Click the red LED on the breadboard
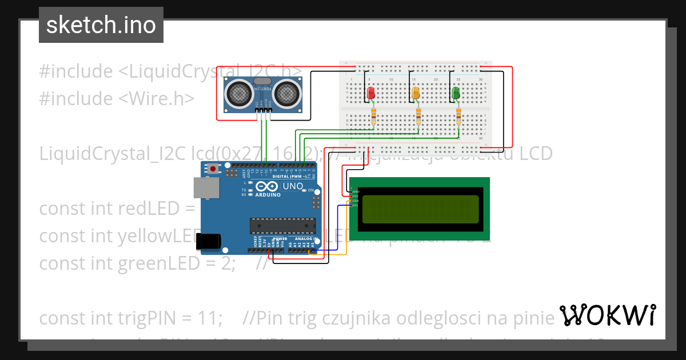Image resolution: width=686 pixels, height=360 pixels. (370, 93)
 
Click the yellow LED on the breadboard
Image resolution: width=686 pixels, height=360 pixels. (416, 93)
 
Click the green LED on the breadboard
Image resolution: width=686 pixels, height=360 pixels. (456, 93)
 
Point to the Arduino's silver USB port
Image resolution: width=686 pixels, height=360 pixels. (206, 187)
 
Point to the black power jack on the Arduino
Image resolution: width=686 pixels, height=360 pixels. (209, 241)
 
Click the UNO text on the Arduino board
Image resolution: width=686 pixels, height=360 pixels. (293, 186)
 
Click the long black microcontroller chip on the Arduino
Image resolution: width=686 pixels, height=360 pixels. (282, 225)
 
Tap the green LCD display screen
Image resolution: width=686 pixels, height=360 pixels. (420, 209)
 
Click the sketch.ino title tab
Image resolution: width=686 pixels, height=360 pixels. (101, 25)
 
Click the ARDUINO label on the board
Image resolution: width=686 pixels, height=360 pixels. (268, 195)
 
